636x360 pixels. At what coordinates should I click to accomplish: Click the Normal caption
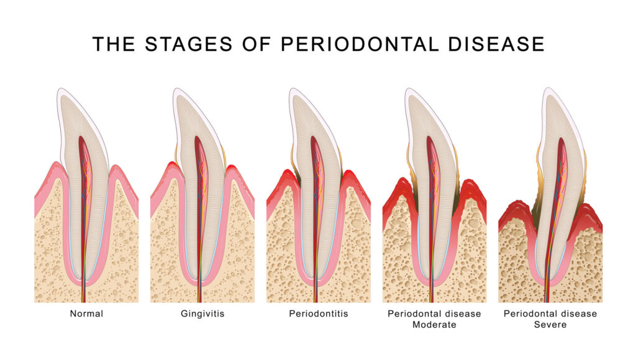click(86, 314)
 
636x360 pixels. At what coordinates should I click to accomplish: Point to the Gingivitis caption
click(202, 314)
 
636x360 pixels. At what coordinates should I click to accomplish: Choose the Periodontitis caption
click(319, 314)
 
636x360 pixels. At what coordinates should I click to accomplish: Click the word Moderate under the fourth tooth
click(434, 325)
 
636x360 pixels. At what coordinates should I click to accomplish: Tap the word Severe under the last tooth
click(550, 325)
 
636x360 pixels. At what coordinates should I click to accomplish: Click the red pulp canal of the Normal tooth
click(83, 186)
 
